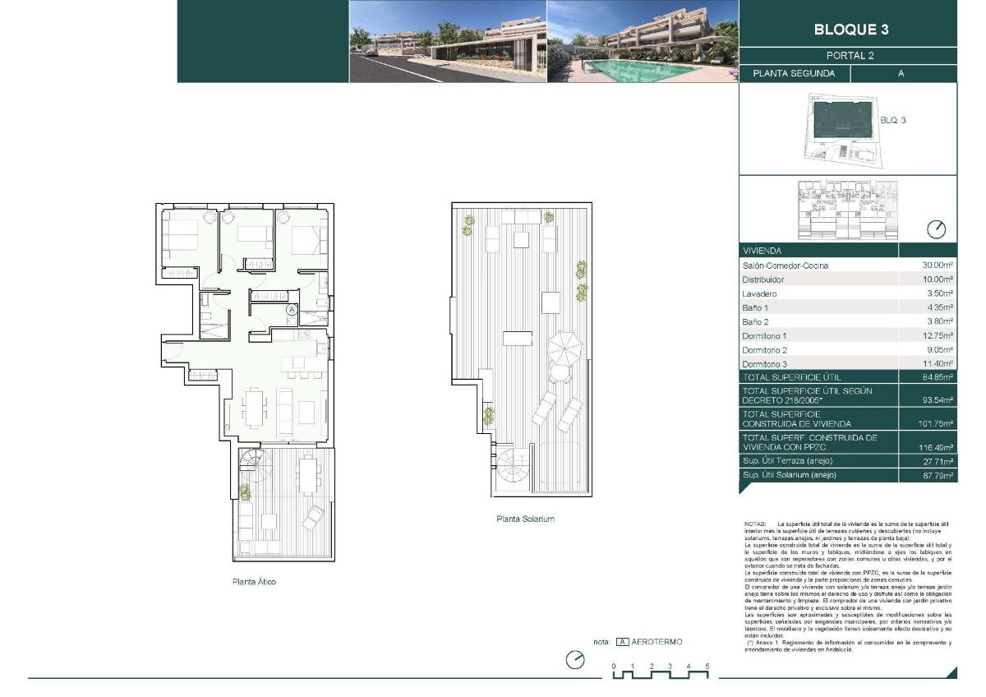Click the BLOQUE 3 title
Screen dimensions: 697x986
[850, 30]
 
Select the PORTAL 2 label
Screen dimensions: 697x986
[850, 56]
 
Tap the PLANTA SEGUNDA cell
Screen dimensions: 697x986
[794, 73]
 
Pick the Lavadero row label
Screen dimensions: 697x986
[759, 293]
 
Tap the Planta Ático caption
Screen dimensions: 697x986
[253, 582]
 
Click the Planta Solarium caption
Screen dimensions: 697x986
[525, 519]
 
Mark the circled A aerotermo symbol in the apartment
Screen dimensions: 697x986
[291, 310]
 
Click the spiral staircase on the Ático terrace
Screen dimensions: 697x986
[251, 466]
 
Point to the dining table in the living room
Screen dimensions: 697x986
[255, 407]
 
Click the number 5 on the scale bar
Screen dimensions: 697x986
[707, 666]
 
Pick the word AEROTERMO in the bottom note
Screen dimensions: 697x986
[657, 642]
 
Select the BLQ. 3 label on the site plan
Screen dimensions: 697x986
[892, 120]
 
